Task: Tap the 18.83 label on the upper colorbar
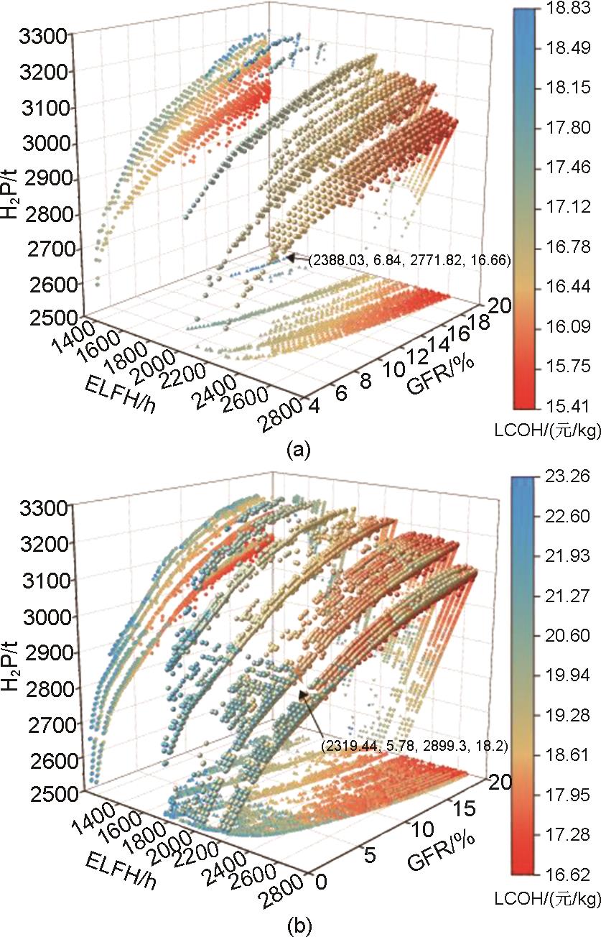559,9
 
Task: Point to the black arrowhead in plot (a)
289,256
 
